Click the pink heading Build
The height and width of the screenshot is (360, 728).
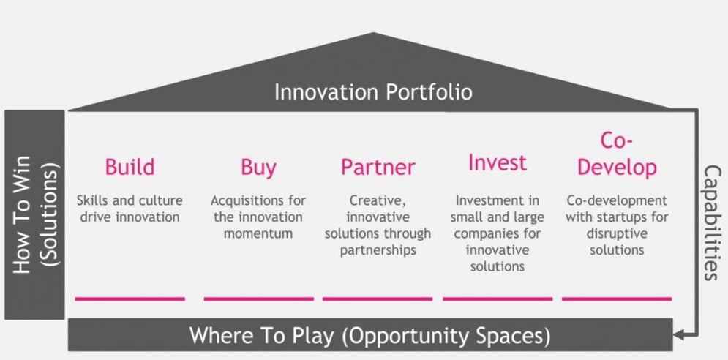[x=130, y=167]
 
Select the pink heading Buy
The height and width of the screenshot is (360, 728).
[x=258, y=167]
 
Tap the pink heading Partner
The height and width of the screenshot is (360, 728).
[x=378, y=167]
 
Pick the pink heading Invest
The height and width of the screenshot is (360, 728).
[x=498, y=162]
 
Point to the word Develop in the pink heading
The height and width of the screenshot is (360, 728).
[x=616, y=167]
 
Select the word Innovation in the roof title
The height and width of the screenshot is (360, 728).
[x=318, y=92]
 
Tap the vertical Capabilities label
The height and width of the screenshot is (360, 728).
[x=710, y=222]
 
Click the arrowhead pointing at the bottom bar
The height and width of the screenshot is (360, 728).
[x=678, y=334]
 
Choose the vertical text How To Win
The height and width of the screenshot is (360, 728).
[x=23, y=214]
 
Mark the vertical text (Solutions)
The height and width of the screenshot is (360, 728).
[x=48, y=214]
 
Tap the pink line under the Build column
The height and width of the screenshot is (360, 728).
[x=130, y=299]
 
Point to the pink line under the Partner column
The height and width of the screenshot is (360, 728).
[x=378, y=299]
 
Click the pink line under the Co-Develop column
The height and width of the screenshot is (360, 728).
[x=616, y=299]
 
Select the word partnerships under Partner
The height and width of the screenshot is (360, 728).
[x=378, y=250]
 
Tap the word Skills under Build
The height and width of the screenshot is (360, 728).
[x=93, y=200]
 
